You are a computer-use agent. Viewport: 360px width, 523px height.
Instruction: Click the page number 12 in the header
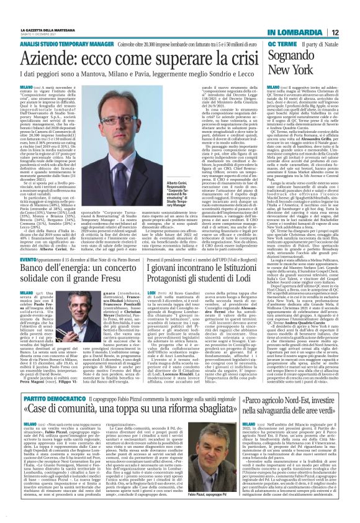[352, 14]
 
